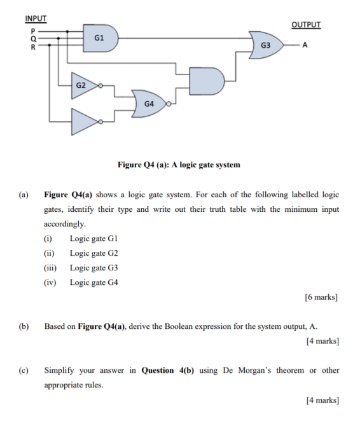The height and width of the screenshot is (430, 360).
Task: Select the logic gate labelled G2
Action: tap(82, 84)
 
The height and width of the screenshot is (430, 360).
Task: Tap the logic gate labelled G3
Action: tap(265, 45)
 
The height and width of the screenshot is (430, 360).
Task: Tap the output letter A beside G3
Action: tap(305, 45)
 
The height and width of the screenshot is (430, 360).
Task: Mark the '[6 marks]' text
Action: tap(322, 296)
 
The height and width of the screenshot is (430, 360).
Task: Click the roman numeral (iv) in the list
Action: tap(50, 282)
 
